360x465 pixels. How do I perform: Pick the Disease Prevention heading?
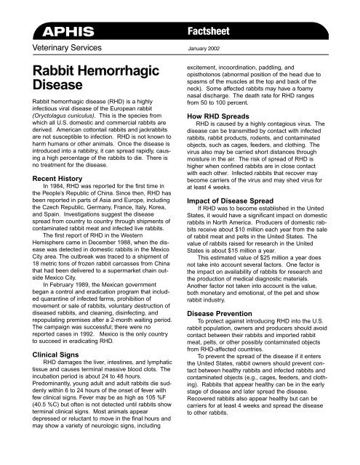[228, 295]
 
